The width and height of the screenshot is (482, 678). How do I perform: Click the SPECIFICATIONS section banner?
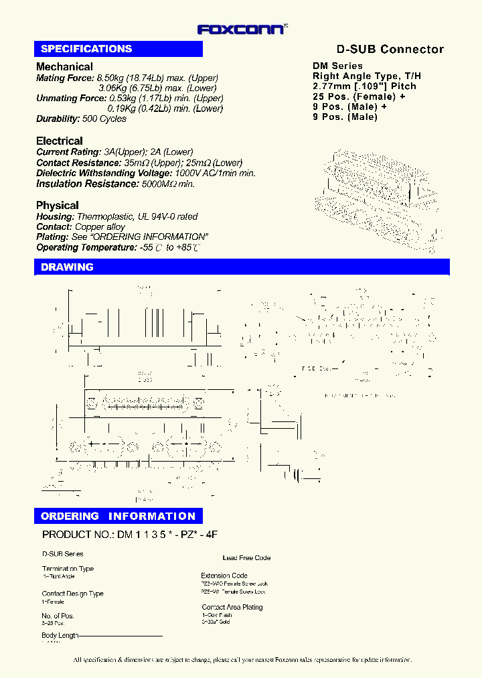click(86, 49)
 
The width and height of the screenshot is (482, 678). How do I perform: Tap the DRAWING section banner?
click(67, 267)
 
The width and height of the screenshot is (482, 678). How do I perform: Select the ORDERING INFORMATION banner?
click(118, 516)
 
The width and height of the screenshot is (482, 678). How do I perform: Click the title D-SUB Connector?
click(389, 50)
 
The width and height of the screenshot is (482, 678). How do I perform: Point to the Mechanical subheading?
click(64, 66)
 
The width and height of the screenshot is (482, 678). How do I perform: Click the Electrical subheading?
click(60, 141)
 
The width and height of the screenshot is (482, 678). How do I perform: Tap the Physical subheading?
click(58, 205)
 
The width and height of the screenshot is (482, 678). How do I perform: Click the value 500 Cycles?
click(104, 119)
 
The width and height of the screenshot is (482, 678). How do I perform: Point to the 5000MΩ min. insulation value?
click(168, 184)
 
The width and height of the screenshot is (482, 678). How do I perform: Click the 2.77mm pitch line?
click(364, 86)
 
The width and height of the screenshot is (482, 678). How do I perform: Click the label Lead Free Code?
click(246, 557)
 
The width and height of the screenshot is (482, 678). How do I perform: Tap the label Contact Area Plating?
click(232, 607)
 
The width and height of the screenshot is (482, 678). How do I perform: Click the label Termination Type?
click(68, 568)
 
